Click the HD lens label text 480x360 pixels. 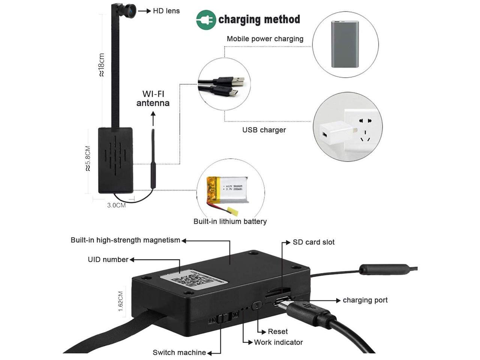point(166,11)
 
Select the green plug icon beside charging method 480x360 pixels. point(206,20)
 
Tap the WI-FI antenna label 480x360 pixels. point(153,99)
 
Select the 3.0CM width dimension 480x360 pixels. point(116,205)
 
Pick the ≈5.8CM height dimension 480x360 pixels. point(88,158)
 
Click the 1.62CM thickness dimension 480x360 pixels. point(120,301)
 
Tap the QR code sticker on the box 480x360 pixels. point(194,279)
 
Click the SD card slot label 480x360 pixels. point(313,242)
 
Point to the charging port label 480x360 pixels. point(365,300)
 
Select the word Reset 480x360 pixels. point(277,331)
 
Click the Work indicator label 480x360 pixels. point(278,342)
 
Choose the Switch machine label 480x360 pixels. point(179,352)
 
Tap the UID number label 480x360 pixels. point(108,259)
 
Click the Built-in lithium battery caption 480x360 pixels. point(230,221)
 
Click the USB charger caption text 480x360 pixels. point(264,130)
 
